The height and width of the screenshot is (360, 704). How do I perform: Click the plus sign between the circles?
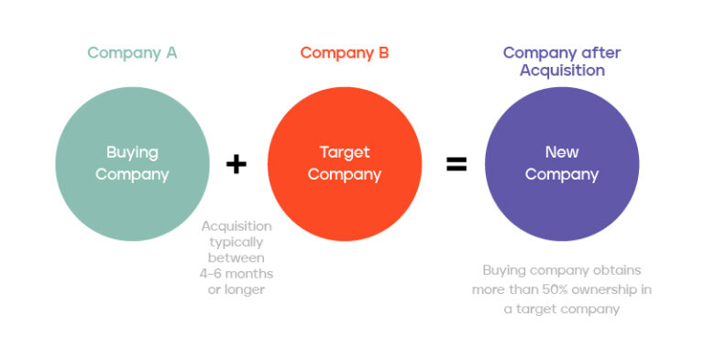point(236,165)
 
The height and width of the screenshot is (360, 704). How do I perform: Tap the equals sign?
point(456,165)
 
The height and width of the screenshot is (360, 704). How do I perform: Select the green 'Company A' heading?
point(132,53)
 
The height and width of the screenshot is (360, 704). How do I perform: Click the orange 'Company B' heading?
point(345,53)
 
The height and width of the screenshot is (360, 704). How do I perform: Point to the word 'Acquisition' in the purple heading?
point(562,71)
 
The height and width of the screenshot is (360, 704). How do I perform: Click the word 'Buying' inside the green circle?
point(132,153)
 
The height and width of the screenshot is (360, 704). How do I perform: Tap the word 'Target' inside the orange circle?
point(345,153)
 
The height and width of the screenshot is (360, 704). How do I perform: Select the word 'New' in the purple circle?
point(562,153)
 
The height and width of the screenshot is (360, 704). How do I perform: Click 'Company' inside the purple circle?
point(562,174)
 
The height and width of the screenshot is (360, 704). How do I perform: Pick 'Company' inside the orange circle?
point(345,174)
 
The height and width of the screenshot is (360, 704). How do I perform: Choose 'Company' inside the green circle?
point(132,174)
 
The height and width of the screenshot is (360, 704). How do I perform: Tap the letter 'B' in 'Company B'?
point(383,53)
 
